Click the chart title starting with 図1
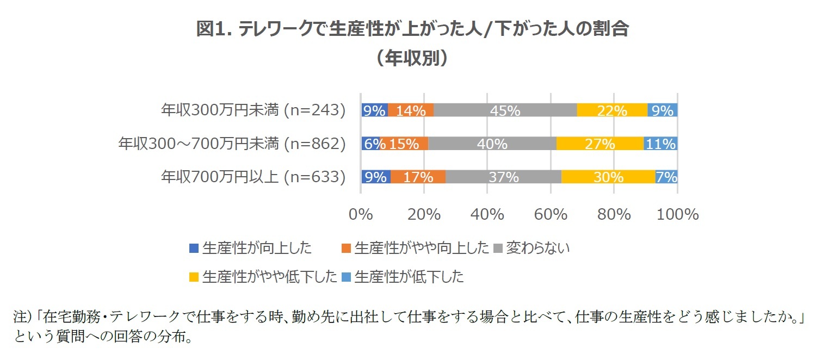pos(412,29)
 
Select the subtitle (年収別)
pos(412,58)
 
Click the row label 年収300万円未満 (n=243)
pos(253,110)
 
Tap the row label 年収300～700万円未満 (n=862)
pos(232,144)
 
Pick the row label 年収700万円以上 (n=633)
pos(253,177)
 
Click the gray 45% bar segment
pos(505,110)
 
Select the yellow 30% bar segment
pos(608,177)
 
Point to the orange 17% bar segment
pos(418,177)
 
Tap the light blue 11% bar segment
pos(660,144)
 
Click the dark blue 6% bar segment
pos(370,144)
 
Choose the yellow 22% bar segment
pos(612,110)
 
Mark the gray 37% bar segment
pos(503,177)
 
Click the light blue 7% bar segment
pos(666,177)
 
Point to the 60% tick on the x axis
pos(551,214)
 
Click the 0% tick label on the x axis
pos(361,214)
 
